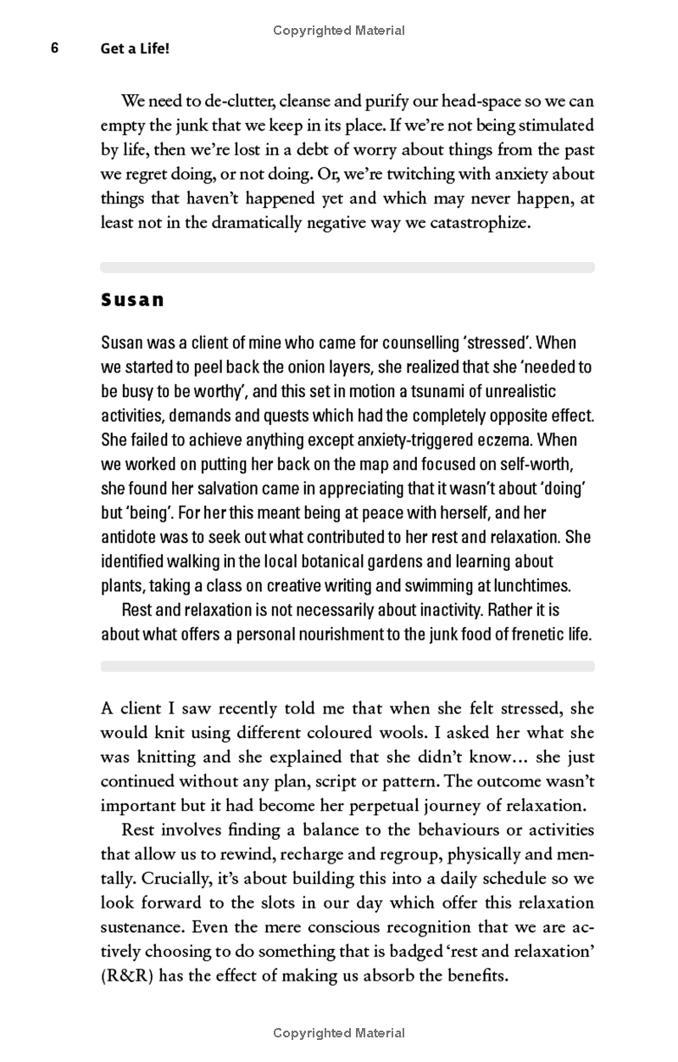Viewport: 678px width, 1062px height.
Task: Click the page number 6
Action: coord(54,48)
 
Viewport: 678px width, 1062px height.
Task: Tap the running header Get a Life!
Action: coord(136,49)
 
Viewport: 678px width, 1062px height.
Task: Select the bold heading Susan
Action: coord(132,300)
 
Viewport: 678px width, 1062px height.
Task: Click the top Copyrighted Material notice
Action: coord(339,31)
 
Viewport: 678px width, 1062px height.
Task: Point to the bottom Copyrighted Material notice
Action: coord(339,1033)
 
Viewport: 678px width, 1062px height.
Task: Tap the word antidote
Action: coord(132,538)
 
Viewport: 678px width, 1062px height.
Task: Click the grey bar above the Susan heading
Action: coord(347,267)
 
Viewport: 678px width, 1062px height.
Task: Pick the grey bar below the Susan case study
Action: coord(347,667)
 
